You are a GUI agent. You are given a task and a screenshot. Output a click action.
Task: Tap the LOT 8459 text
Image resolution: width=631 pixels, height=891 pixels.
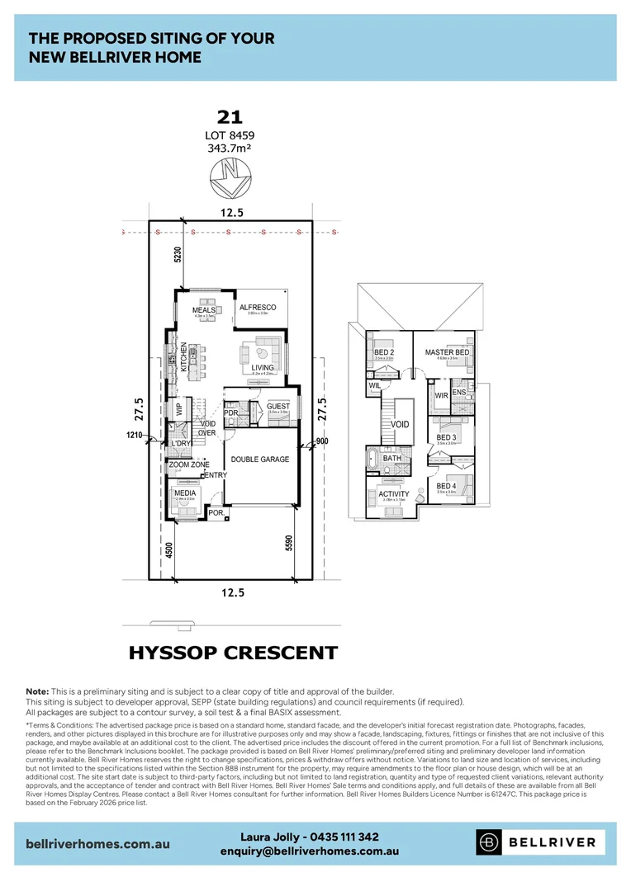coord(229,134)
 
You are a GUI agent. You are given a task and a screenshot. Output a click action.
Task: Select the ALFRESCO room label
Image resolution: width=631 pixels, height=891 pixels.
coord(257,308)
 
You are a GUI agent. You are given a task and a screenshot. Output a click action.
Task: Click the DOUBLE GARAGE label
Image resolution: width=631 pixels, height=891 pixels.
coord(260,459)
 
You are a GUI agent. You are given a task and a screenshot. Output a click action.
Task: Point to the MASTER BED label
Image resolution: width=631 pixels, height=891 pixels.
coord(447,352)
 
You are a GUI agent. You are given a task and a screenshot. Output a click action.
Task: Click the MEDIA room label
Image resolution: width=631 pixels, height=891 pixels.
coord(184,493)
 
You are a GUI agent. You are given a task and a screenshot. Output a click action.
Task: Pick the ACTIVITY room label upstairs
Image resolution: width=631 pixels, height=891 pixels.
coord(394,494)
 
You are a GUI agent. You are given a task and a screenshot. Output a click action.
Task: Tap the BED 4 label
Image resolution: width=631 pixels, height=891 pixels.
coord(446,486)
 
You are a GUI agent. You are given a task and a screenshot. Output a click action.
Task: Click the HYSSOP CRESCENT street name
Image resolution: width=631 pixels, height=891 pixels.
coord(233,653)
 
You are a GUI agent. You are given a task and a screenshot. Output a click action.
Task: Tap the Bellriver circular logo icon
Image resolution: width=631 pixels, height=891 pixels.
coord(489,842)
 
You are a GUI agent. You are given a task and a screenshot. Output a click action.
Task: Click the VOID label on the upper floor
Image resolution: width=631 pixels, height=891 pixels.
coord(400,423)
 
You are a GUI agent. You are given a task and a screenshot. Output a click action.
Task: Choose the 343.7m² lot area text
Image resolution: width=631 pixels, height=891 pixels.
coord(229,148)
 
